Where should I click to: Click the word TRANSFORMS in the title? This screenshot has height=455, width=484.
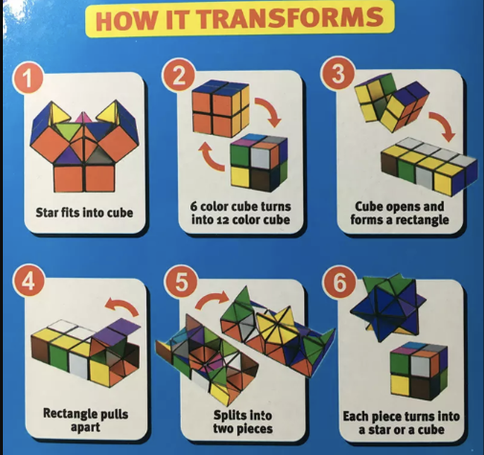pos(292,17)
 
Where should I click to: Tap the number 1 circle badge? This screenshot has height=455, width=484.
pos(29,78)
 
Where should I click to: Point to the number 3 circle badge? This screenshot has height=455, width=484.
pos(338,74)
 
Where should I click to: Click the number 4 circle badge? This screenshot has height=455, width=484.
pos(29,281)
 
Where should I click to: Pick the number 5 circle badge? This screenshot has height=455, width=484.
pos(181,282)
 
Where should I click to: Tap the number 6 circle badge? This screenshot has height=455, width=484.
pos(340,283)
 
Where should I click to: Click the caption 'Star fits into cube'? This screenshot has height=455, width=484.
pos(84,213)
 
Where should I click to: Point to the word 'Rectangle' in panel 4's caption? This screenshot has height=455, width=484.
pos(67,414)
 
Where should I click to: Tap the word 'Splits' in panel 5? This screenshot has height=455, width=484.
pos(227,416)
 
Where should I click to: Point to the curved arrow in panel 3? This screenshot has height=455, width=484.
pos(443,125)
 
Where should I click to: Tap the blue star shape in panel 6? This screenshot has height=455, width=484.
pos(387,307)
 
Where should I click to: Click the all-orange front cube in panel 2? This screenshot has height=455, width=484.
pos(221,108)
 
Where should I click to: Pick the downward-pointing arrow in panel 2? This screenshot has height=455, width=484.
pos(269,111)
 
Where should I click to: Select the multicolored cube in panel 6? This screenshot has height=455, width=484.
pos(419,371)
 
